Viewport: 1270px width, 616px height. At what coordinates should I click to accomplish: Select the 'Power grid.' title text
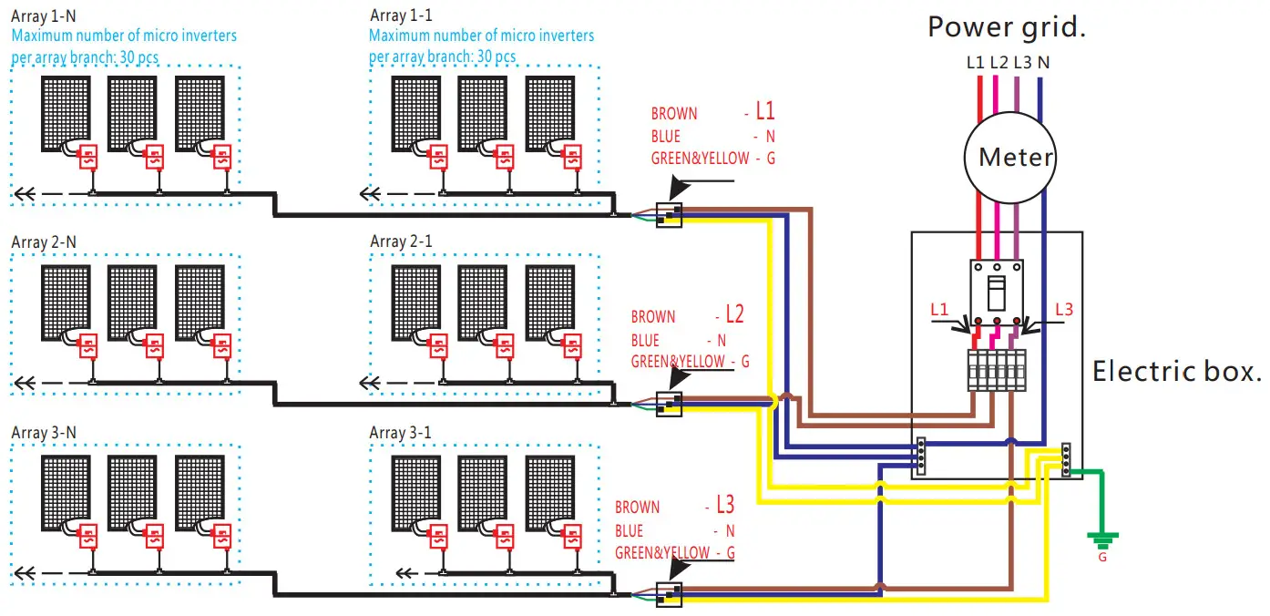(x=1007, y=26)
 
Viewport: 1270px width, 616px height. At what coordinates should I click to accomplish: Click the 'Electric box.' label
(x=1176, y=371)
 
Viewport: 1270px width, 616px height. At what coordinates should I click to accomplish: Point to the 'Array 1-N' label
(x=44, y=16)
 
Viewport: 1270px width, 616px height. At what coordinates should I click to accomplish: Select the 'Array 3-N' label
(x=44, y=432)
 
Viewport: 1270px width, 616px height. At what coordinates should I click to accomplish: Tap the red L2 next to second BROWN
(x=734, y=315)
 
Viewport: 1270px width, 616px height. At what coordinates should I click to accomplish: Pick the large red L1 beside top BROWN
(x=764, y=111)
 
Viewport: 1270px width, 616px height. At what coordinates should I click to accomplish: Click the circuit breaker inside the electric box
(x=997, y=290)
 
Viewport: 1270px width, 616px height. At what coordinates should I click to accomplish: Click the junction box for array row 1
(x=669, y=214)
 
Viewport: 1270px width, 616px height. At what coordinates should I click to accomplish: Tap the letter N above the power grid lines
(x=1042, y=63)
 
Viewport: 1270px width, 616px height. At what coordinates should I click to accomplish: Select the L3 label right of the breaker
(x=1063, y=310)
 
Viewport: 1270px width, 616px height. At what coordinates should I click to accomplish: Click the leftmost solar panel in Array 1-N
(x=66, y=113)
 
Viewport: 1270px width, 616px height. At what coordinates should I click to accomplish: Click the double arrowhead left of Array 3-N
(x=25, y=574)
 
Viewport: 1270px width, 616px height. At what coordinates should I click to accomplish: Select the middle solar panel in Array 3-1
(x=483, y=492)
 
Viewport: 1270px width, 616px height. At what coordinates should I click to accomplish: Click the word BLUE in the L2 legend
(x=645, y=340)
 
